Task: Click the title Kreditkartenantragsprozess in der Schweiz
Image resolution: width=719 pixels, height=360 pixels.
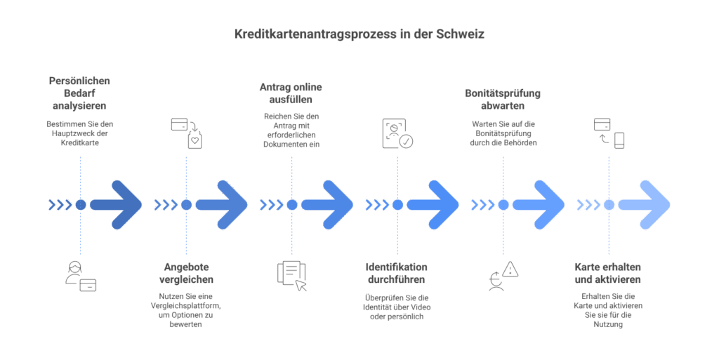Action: (359, 34)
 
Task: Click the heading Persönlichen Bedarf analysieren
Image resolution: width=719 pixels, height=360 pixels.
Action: (80, 93)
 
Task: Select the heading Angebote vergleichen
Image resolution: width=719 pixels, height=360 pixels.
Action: (186, 273)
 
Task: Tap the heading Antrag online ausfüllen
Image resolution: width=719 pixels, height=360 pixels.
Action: (291, 93)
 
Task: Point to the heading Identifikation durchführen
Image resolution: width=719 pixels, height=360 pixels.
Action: (397, 273)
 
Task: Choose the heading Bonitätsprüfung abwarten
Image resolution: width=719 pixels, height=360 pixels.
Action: (503, 99)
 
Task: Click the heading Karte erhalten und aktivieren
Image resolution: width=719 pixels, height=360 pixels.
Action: (608, 273)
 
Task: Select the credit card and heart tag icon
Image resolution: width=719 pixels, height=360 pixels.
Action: (187, 133)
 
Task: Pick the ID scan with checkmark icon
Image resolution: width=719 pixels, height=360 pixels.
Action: (397, 133)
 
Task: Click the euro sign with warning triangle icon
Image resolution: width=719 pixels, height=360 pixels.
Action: (503, 276)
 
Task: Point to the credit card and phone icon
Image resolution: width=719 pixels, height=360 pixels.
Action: (609, 133)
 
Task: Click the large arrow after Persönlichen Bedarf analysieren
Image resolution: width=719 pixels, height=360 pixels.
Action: (117, 205)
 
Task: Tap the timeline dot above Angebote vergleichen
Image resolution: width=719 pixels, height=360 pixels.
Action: (186, 205)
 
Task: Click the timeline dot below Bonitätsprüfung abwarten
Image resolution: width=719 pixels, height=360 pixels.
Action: (503, 205)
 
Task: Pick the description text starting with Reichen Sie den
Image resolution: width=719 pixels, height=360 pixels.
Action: (291, 130)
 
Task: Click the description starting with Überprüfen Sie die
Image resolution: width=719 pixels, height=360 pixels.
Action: (397, 306)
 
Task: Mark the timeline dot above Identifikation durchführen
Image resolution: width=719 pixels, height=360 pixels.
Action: (397, 205)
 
